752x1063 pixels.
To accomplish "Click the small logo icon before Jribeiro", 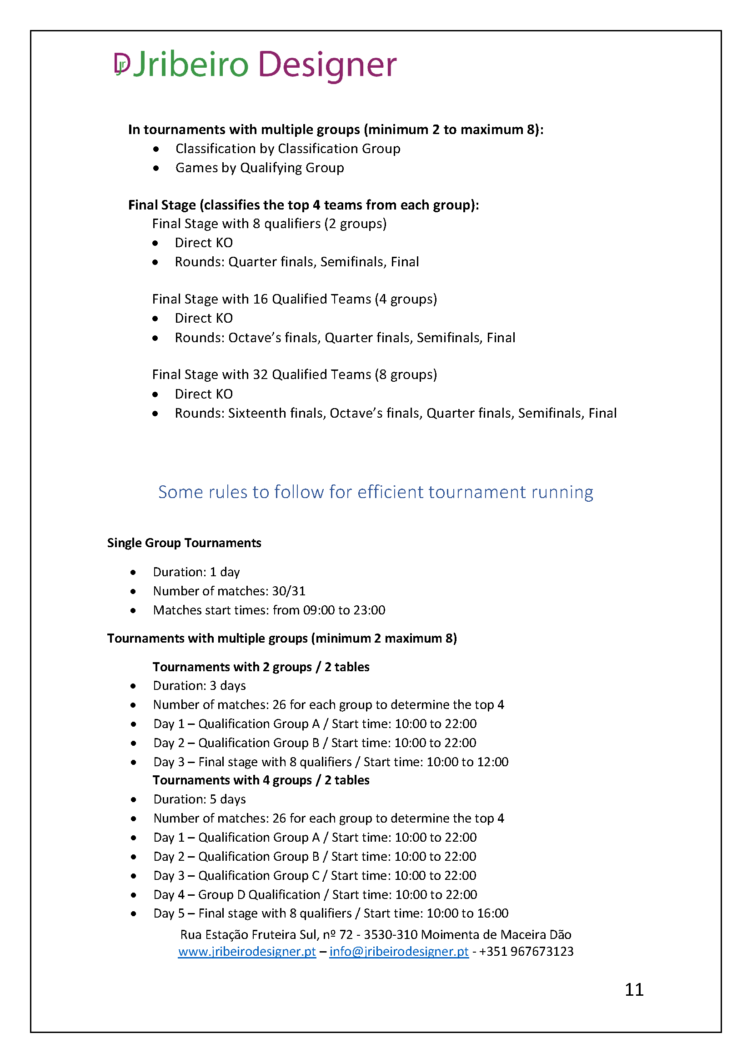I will click(x=122, y=64).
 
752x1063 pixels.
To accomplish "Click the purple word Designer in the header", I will click(x=327, y=65).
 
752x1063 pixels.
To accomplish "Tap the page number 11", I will click(x=634, y=989).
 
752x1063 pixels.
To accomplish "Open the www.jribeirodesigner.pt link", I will click(x=247, y=951).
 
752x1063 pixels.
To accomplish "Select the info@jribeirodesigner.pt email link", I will click(x=399, y=951).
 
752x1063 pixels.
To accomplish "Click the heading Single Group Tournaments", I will click(x=184, y=543).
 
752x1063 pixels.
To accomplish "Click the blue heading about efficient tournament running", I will click(x=375, y=492).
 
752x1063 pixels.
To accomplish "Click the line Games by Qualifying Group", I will click(x=259, y=168).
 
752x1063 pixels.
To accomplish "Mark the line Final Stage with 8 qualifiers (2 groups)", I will click(x=269, y=224).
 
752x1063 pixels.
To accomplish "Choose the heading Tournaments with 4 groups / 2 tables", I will click(x=261, y=780).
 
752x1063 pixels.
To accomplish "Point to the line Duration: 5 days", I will click(x=199, y=799).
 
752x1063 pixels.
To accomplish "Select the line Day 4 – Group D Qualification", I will click(x=315, y=894).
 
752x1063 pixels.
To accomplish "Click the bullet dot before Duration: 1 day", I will click(x=133, y=572).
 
